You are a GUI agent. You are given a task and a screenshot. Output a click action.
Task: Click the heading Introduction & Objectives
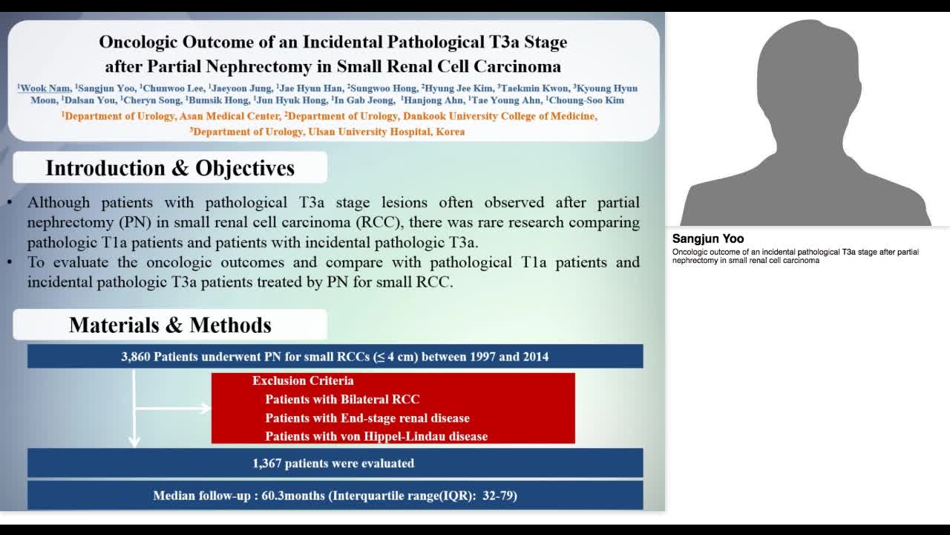point(170,168)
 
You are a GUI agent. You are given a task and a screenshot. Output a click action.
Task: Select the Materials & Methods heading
point(170,325)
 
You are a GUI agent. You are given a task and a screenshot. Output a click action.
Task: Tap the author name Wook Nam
point(45,88)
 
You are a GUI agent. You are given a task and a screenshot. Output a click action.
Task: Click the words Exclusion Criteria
point(303,381)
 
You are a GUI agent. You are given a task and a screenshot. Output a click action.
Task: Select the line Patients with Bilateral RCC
point(342,400)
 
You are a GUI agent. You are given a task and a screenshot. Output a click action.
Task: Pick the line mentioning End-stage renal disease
point(367,418)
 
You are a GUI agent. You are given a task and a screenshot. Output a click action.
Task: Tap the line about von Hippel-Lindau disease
point(376,437)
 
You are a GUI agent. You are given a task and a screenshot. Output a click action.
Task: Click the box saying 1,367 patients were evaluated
point(333,464)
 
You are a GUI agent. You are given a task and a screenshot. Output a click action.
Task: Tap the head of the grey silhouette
point(802,67)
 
